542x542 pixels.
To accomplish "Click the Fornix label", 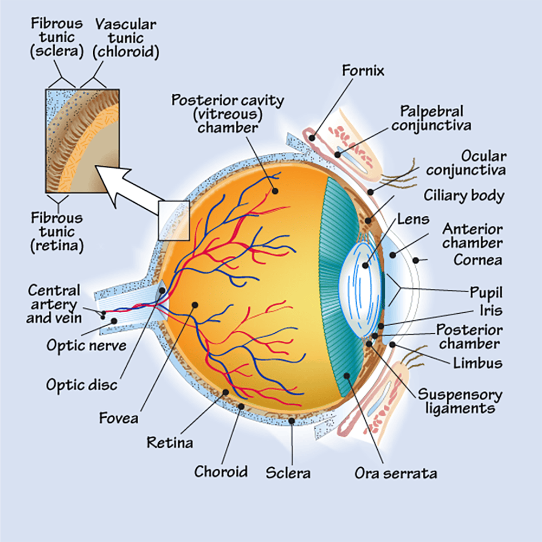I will coord(363,70).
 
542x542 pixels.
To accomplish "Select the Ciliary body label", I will coord(463,196).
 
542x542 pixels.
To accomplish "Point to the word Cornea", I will coord(478,260).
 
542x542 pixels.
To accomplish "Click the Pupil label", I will coord(486,293).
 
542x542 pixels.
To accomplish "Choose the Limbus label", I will coord(478,362).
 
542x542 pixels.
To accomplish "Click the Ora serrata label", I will coord(396,473).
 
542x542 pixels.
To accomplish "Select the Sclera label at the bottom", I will coord(288,473).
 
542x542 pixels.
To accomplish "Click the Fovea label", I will coord(118,418).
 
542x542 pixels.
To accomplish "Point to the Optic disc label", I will coord(81,385).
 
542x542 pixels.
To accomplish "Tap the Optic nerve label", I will coord(86,345).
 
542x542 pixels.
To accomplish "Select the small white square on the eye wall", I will coord(173,220).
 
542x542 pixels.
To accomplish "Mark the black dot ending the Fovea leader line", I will coord(194,305).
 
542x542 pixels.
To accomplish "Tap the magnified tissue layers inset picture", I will coord(82,141).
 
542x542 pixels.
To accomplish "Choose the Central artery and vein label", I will coord(54,304).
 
